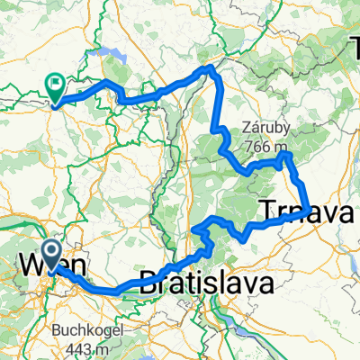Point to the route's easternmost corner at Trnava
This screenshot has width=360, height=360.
310,211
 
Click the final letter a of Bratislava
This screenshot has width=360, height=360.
265,288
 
